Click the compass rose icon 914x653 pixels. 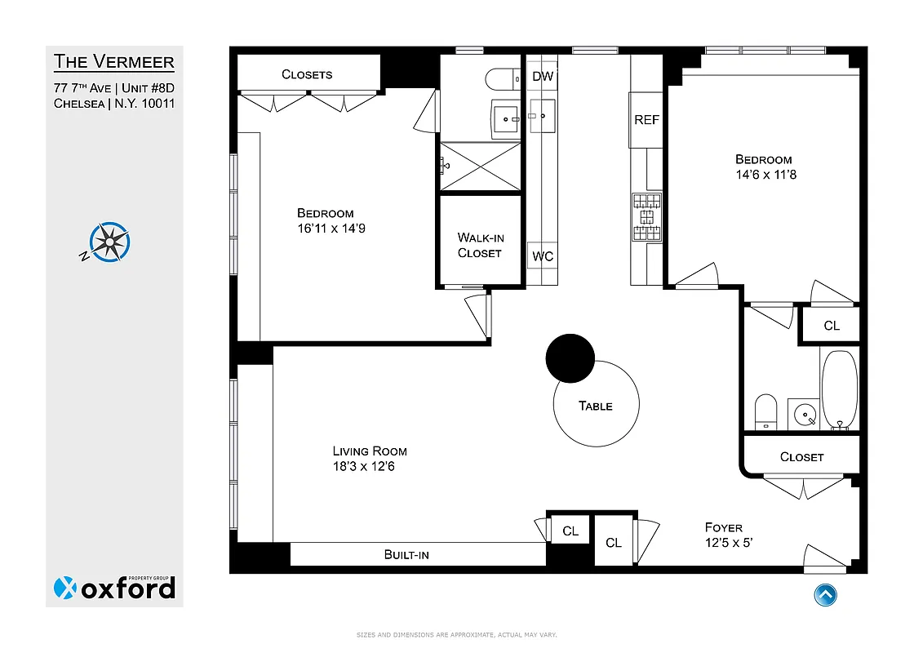click(110, 242)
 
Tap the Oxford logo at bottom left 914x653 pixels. click(114, 587)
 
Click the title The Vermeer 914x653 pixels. click(114, 62)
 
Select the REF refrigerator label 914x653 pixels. click(646, 120)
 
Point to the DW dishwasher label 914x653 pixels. click(543, 77)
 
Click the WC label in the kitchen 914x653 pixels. click(543, 256)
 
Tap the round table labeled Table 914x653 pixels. click(596, 406)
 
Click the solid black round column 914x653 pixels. click(570, 358)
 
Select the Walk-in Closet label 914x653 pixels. click(480, 245)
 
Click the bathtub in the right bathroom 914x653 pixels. click(839, 389)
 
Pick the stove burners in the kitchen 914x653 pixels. click(647, 219)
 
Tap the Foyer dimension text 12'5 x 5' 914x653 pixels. click(734, 543)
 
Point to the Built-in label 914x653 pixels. click(406, 555)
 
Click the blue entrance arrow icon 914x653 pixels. click(825, 594)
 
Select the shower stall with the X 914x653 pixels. click(480, 166)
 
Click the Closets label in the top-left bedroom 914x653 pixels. click(307, 74)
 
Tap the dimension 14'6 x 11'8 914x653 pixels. click(764, 175)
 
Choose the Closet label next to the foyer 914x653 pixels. click(801, 457)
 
